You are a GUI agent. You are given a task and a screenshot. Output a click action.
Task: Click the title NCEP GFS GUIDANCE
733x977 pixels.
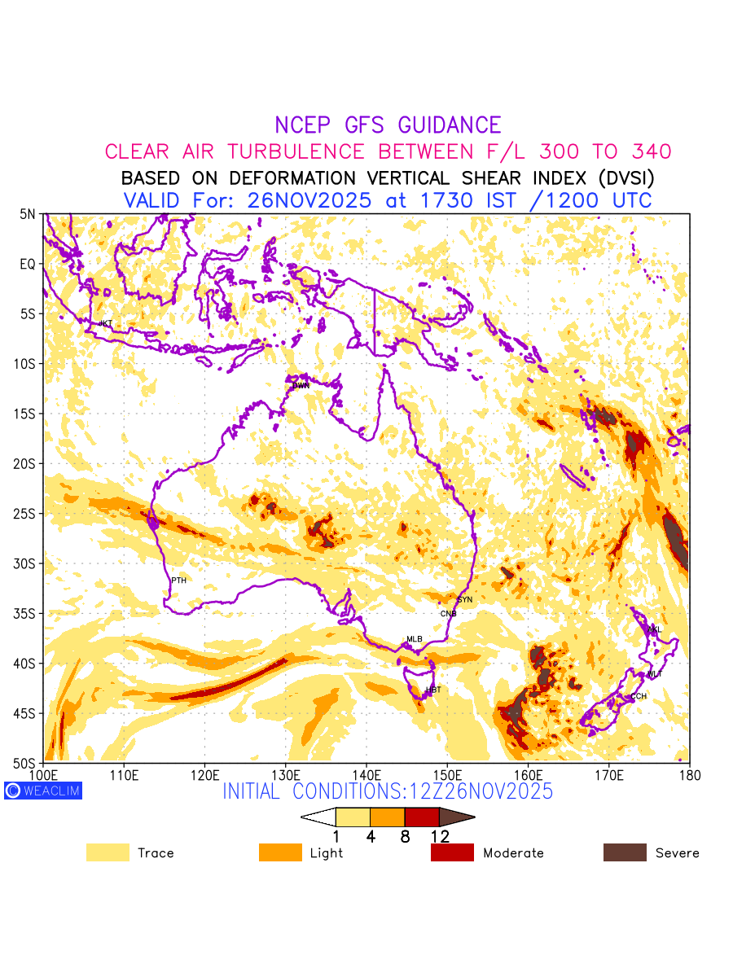[x=388, y=125]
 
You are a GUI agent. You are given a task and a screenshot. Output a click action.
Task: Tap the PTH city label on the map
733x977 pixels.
[x=178, y=581]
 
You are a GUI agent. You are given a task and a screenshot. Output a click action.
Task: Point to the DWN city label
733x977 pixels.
[x=301, y=385]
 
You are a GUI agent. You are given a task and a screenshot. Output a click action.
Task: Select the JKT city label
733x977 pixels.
[x=105, y=323]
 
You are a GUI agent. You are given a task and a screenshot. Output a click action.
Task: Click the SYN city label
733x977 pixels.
[x=464, y=599]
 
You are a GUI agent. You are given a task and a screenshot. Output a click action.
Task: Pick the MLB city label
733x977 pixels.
[x=415, y=639]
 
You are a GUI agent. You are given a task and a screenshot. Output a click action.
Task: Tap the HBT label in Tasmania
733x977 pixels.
[x=433, y=690]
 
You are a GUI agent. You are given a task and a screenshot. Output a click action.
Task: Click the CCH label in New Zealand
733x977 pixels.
[x=639, y=696]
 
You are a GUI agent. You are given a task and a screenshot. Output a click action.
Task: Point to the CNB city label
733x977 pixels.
[x=449, y=613]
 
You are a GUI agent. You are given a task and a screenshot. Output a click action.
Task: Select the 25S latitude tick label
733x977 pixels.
[x=26, y=514]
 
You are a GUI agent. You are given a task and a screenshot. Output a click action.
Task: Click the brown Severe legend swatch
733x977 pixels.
[x=625, y=852]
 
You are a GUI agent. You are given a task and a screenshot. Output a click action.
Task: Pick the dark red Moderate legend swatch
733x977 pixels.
[x=452, y=852]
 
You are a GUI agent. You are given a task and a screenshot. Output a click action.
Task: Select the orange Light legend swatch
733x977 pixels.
[x=280, y=852]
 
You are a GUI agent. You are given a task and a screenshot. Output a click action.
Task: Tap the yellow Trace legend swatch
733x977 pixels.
[x=108, y=852]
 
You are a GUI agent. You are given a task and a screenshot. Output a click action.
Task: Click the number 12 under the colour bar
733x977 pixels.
[x=439, y=835]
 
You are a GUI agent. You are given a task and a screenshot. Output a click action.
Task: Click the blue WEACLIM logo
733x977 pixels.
[x=43, y=790]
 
